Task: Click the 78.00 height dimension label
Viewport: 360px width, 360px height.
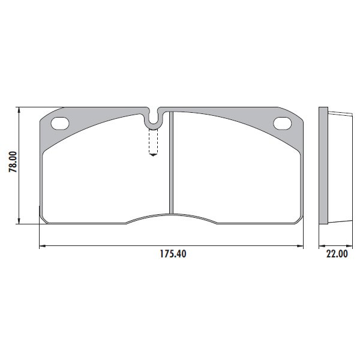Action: [x=13, y=161]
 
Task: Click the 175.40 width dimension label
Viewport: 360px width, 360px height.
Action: [x=173, y=254]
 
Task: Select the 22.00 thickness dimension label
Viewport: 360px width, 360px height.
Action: [x=337, y=254]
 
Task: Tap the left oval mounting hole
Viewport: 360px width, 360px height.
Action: [x=60, y=124]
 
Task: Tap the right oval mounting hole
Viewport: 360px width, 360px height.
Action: [x=282, y=123]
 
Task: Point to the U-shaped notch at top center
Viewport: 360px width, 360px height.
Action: [x=153, y=124]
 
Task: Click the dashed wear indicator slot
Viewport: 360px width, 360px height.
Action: [x=153, y=141]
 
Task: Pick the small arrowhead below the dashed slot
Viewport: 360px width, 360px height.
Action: [x=153, y=155]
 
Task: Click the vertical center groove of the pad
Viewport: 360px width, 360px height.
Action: [x=171, y=163]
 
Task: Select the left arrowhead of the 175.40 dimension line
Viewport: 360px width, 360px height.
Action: [x=43, y=246]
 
